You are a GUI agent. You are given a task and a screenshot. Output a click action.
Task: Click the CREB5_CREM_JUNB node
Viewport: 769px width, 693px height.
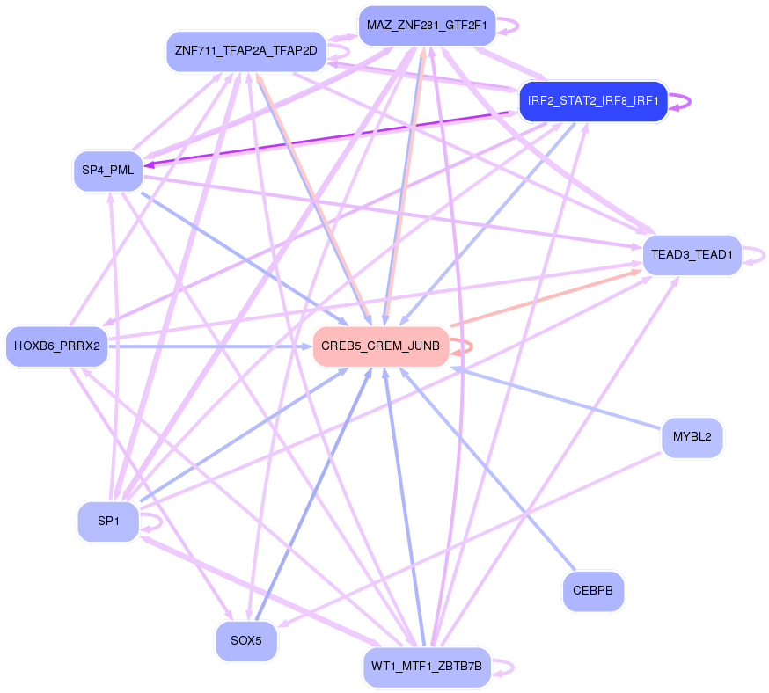coord(380,346)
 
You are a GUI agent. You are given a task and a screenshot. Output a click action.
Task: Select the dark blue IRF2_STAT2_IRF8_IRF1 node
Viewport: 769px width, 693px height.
coord(593,101)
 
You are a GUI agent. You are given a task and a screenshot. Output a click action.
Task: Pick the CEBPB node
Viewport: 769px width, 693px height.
coord(592,590)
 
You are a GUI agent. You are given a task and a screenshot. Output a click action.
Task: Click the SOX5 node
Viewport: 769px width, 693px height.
coord(246,641)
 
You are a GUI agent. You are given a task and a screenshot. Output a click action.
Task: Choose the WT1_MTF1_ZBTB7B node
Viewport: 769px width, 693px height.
coord(427,667)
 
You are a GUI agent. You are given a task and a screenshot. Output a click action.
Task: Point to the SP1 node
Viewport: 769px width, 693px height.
coord(108,522)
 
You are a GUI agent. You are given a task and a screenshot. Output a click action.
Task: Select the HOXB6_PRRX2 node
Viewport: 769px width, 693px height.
coord(57,346)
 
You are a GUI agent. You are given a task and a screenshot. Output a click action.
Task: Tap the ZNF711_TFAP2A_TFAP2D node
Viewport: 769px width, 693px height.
coord(245,51)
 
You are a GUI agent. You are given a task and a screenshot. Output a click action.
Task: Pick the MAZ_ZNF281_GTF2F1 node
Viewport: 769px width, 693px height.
coord(427,25)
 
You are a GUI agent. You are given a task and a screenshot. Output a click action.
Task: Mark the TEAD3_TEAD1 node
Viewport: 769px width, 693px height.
coord(692,255)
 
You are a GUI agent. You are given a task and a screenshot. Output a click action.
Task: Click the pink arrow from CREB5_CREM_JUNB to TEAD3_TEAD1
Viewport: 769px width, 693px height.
coord(546,300)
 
